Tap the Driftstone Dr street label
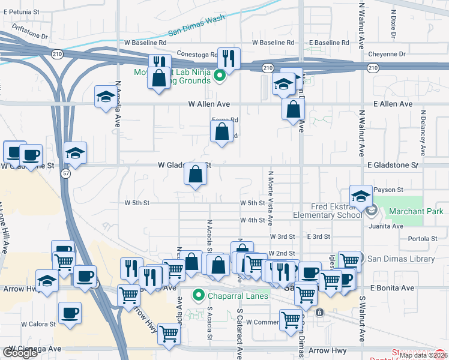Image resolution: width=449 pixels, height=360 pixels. coord(28,35)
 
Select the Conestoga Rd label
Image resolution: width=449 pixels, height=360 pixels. coord(196,55)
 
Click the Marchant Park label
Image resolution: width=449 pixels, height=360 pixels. coord(416,211)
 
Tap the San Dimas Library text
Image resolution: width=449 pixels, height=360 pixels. coord(401,259)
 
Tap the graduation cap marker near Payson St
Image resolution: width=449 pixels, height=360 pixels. coord(360,195)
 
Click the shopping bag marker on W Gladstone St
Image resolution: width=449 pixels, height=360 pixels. coord(196,174)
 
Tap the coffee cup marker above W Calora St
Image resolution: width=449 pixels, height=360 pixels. coord(70,313)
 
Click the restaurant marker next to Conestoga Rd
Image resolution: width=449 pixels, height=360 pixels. coord(228,58)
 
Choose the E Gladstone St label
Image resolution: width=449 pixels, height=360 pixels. coord(392,164)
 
